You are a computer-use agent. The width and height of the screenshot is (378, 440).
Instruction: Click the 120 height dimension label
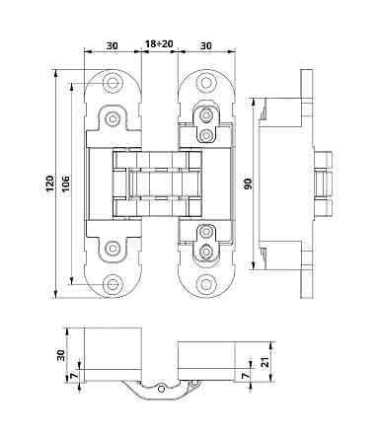pos(50,183)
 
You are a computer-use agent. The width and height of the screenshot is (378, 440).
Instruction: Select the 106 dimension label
pos(66,183)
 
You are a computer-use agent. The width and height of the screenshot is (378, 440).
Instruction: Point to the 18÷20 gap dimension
pos(160,44)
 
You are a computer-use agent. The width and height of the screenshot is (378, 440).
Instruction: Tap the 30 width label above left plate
pos(112,44)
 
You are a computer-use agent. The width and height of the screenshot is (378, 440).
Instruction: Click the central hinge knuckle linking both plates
pos(159,183)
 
